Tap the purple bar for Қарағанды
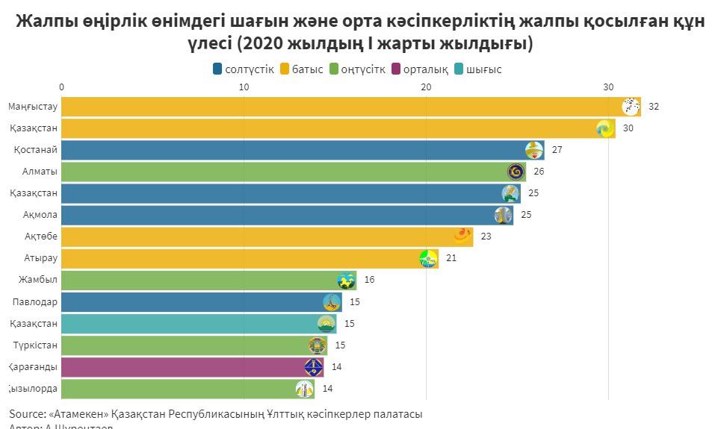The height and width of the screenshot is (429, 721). (x=187, y=367)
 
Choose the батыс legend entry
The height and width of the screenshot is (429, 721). (x=302, y=69)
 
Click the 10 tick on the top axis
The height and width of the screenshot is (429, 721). (x=244, y=87)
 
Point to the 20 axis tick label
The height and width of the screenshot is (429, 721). (x=426, y=87)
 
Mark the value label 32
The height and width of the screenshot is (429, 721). (x=654, y=107)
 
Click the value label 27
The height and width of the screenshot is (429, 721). (x=557, y=150)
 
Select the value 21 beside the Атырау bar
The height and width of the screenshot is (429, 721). (x=451, y=259)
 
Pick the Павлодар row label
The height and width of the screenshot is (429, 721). (x=35, y=302)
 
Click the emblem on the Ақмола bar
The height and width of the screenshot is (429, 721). (x=503, y=216)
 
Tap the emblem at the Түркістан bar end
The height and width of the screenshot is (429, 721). (x=318, y=345)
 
